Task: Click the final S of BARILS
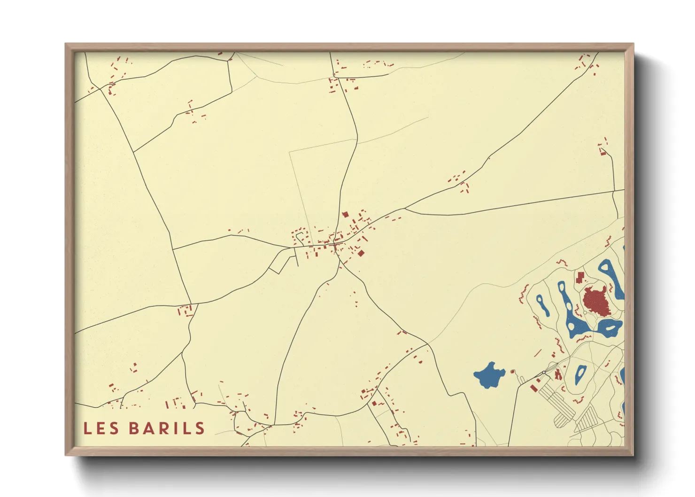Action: pyautogui.click(x=200, y=428)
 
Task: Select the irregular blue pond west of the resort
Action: pyautogui.click(x=489, y=375)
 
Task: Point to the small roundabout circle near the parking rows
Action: pyautogui.click(x=544, y=373)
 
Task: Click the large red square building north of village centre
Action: pyautogui.click(x=345, y=214)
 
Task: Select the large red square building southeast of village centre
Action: pyautogui.click(x=361, y=253)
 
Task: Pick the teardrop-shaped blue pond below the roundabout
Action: pyautogui.click(x=581, y=374)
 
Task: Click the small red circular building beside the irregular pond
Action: pyautogui.click(x=512, y=372)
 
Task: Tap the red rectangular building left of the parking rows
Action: pyautogui.click(x=534, y=388)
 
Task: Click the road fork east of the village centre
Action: pyautogui.click(x=405, y=208)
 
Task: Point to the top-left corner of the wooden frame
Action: pyautogui.click(x=66, y=44)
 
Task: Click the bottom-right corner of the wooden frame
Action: pyautogui.click(x=633, y=455)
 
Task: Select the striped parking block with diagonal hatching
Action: pyautogui.click(x=587, y=419)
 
